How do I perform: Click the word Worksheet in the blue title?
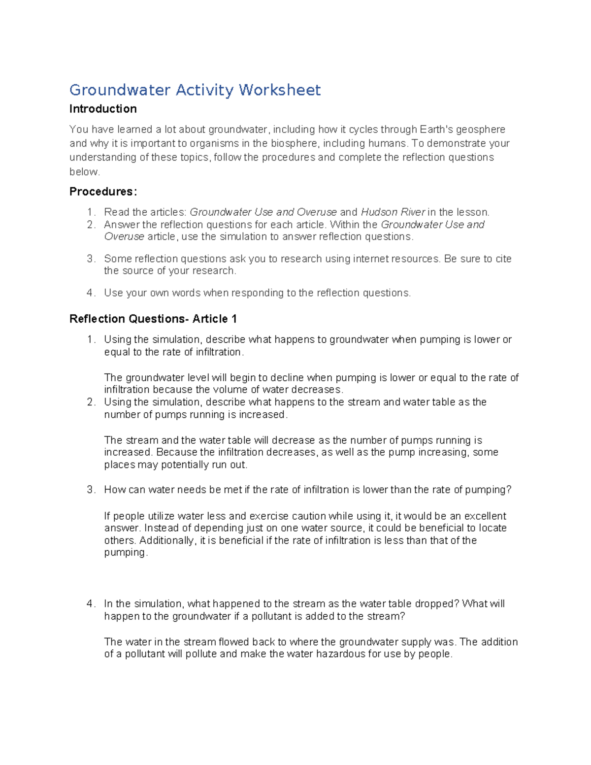(280, 90)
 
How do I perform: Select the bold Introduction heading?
(103, 109)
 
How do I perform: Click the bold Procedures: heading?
(103, 192)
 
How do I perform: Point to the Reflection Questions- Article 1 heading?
(153, 319)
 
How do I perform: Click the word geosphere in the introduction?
(480, 130)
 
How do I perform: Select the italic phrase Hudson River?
(393, 212)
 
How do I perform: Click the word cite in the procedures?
(503, 259)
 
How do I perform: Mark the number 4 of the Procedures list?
(90, 293)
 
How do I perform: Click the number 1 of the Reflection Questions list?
(90, 340)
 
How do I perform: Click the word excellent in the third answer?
(485, 516)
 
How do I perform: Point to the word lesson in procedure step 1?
(472, 212)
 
